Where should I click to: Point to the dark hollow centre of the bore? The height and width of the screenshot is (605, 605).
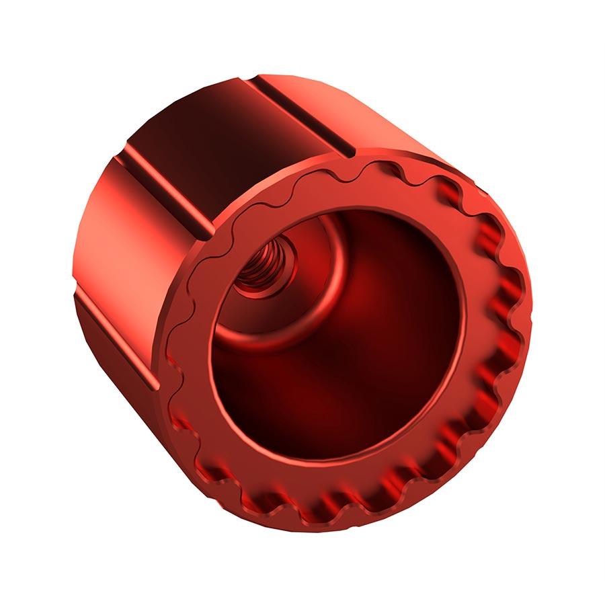pos(336,376)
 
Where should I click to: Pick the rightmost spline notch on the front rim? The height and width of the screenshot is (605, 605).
pos(518,316)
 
